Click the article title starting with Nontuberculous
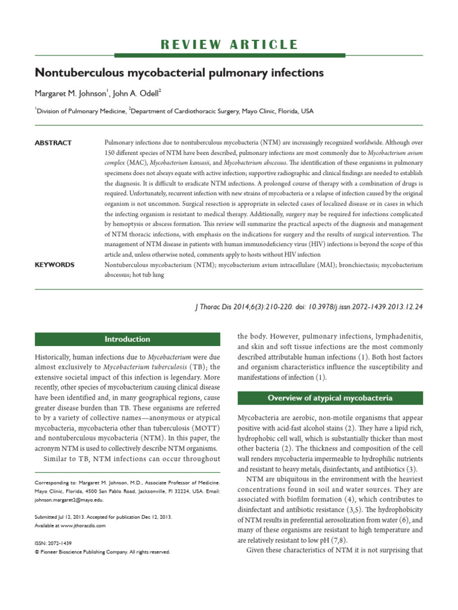tap(179, 73)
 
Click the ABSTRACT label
tap(53, 143)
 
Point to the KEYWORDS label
tap(54, 264)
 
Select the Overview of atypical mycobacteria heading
tap(330, 398)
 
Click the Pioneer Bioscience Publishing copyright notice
tap(103, 552)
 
